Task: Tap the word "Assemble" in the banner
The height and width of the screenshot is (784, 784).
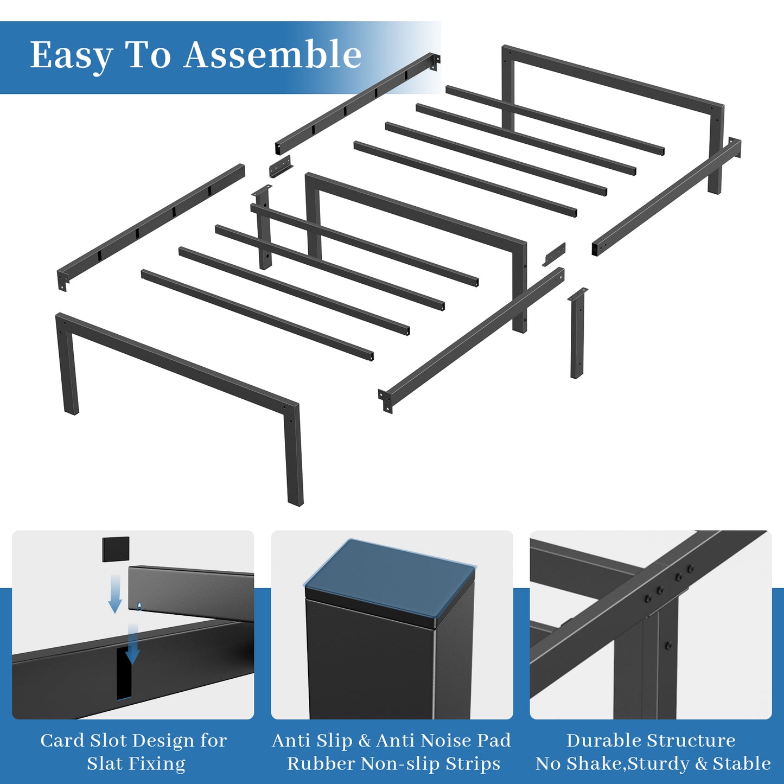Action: coord(272,54)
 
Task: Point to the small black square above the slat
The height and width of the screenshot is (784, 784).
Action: coord(116,549)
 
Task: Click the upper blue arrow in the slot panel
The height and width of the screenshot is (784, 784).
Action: coord(116,594)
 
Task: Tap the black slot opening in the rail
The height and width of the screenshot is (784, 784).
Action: coord(124,674)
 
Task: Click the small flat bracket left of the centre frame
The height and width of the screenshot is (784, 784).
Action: coord(281,165)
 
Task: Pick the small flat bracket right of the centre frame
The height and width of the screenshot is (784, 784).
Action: coord(554,254)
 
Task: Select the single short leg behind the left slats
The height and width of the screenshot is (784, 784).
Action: coord(263,228)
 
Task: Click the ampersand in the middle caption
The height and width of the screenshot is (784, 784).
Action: coord(365,741)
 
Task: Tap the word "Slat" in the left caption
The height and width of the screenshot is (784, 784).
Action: coord(105,764)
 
